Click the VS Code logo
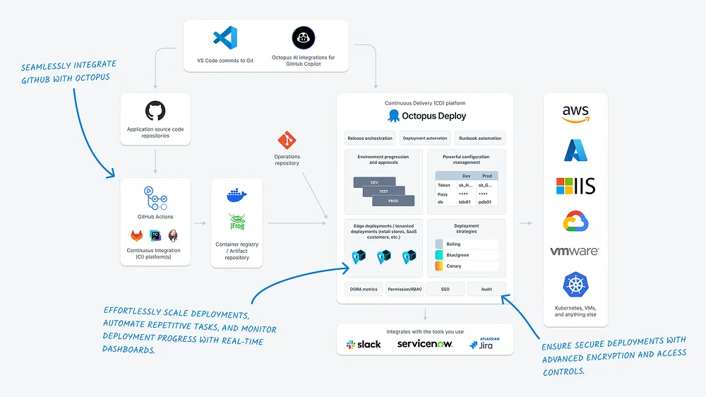pyautogui.click(x=225, y=37)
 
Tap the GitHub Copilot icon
pyautogui.click(x=303, y=37)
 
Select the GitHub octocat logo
pyautogui.click(x=155, y=111)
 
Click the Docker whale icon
pyautogui.click(x=237, y=195)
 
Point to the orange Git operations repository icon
pyautogui.click(x=287, y=139)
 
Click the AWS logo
pyautogui.click(x=575, y=114)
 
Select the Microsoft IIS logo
pyautogui.click(x=575, y=186)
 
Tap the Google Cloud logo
pyautogui.click(x=575, y=222)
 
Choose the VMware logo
pyautogui.click(x=575, y=251)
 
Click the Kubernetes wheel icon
pyautogui.click(x=575, y=286)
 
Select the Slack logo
pyautogui.click(x=364, y=344)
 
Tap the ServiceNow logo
pyautogui.click(x=424, y=344)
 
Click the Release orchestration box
pyautogui.click(x=370, y=138)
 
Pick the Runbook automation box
pyautogui.click(x=480, y=138)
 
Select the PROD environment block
pyautogui.click(x=393, y=201)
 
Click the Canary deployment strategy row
pyautogui.click(x=467, y=266)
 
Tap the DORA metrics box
pyautogui.click(x=364, y=289)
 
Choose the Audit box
pyautogui.click(x=486, y=289)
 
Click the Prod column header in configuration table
pyautogui.click(x=486, y=176)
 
